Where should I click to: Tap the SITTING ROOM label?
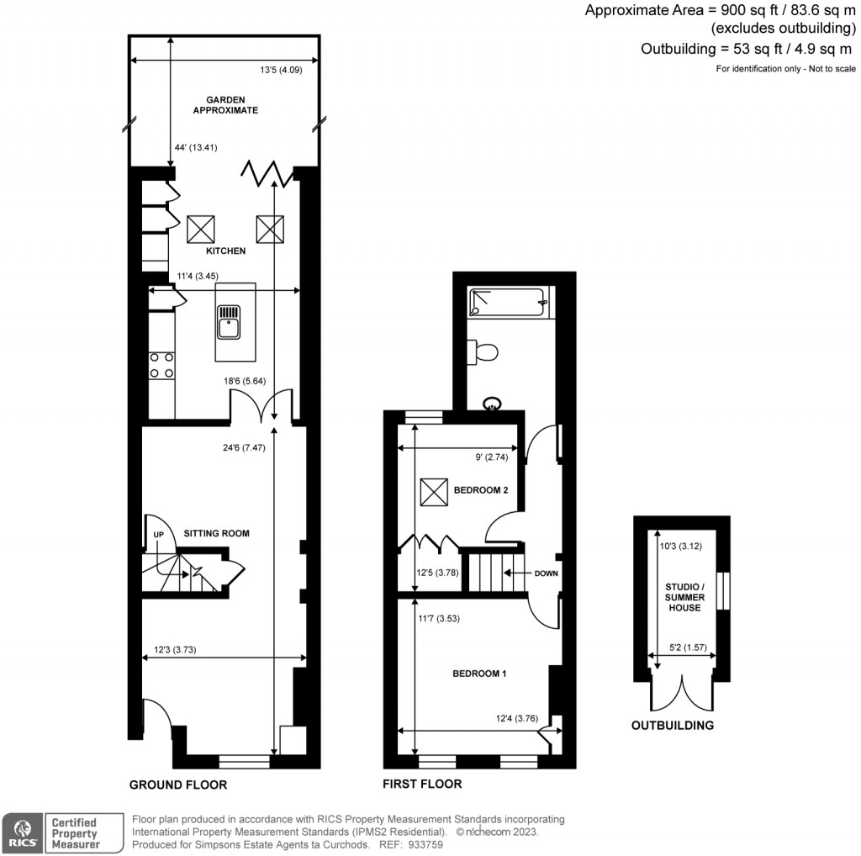(x=217, y=533)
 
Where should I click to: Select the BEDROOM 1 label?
(x=479, y=674)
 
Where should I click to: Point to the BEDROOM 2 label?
(x=481, y=490)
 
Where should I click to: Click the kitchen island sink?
(x=228, y=321)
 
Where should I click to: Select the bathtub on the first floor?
(x=510, y=302)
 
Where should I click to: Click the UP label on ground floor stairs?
(x=157, y=534)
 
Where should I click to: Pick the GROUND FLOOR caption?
(x=178, y=785)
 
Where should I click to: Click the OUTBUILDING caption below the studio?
(x=673, y=725)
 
